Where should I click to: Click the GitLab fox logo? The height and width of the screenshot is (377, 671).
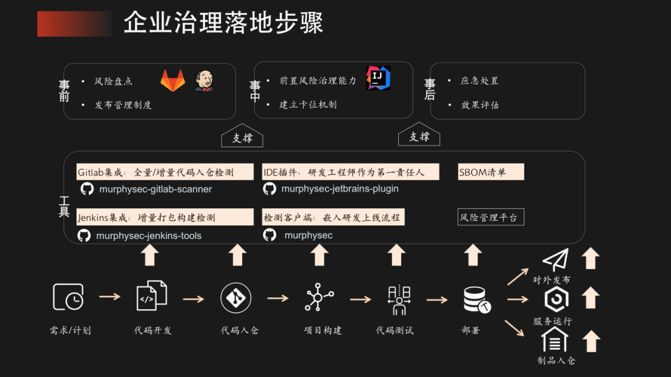coord(173,80)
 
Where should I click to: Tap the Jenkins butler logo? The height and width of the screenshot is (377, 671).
coord(203,80)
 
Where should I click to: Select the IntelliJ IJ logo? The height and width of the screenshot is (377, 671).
coord(378,78)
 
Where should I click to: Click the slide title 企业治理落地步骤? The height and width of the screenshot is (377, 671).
coord(223,23)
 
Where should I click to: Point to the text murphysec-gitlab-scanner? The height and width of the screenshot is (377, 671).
coord(155,189)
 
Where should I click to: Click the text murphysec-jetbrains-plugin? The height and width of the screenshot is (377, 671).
coord(340,188)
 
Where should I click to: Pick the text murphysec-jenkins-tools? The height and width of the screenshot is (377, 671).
coord(148,236)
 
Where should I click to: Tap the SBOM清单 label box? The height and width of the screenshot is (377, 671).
coord(491,172)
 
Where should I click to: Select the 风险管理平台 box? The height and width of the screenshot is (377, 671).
coord(491,217)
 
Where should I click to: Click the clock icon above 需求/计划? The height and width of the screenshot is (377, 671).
coord(68,297)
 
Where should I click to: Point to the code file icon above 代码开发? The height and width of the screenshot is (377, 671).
coord(152,296)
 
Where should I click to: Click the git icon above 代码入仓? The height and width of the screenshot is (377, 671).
coord(235,297)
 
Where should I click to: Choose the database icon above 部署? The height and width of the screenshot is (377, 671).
coord(477,299)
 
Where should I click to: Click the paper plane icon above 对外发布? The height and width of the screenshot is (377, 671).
coord(555,260)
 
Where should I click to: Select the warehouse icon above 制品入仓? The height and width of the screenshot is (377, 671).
coord(554,340)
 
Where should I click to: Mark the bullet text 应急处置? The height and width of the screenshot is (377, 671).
coord(480,81)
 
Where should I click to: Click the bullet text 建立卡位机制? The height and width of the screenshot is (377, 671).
coord(308,105)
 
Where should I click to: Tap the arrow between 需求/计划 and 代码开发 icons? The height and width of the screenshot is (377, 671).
coord(110,297)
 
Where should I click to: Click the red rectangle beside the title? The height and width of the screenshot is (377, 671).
coord(74,24)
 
